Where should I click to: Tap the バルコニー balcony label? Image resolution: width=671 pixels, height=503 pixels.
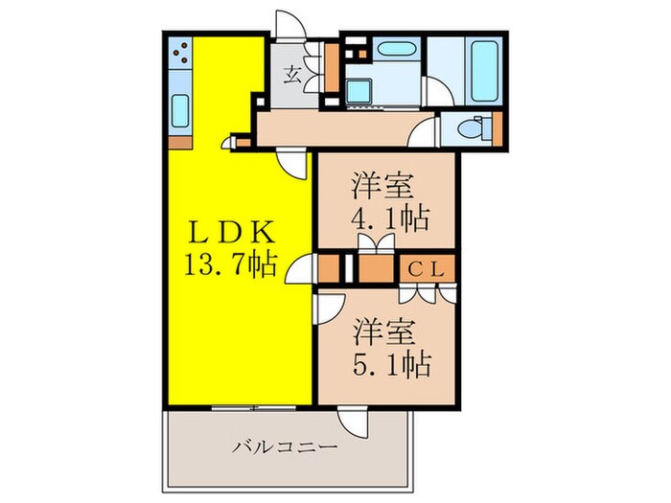[x=285, y=446]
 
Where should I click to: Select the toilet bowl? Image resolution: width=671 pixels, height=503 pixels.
[x=471, y=127]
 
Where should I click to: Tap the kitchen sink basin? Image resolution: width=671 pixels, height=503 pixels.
[x=178, y=113]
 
